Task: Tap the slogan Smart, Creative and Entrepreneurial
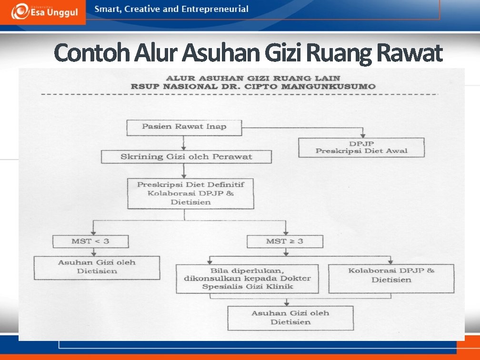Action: [171, 9]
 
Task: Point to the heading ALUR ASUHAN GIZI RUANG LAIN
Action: [252, 78]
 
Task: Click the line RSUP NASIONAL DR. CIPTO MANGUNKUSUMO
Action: [253, 87]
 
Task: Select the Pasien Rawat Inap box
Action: [184, 127]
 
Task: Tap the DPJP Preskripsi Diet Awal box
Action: [361, 147]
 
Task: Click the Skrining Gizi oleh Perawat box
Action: [186, 157]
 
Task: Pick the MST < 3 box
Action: [90, 241]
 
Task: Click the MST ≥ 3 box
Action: [284, 241]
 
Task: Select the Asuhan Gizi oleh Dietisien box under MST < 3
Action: [97, 267]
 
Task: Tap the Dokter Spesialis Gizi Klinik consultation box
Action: [250, 279]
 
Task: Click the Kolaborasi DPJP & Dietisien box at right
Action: [391, 276]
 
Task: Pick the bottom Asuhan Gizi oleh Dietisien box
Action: [290, 318]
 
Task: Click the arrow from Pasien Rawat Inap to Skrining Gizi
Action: [184, 143]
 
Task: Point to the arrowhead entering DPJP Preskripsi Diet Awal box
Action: [363, 135]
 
